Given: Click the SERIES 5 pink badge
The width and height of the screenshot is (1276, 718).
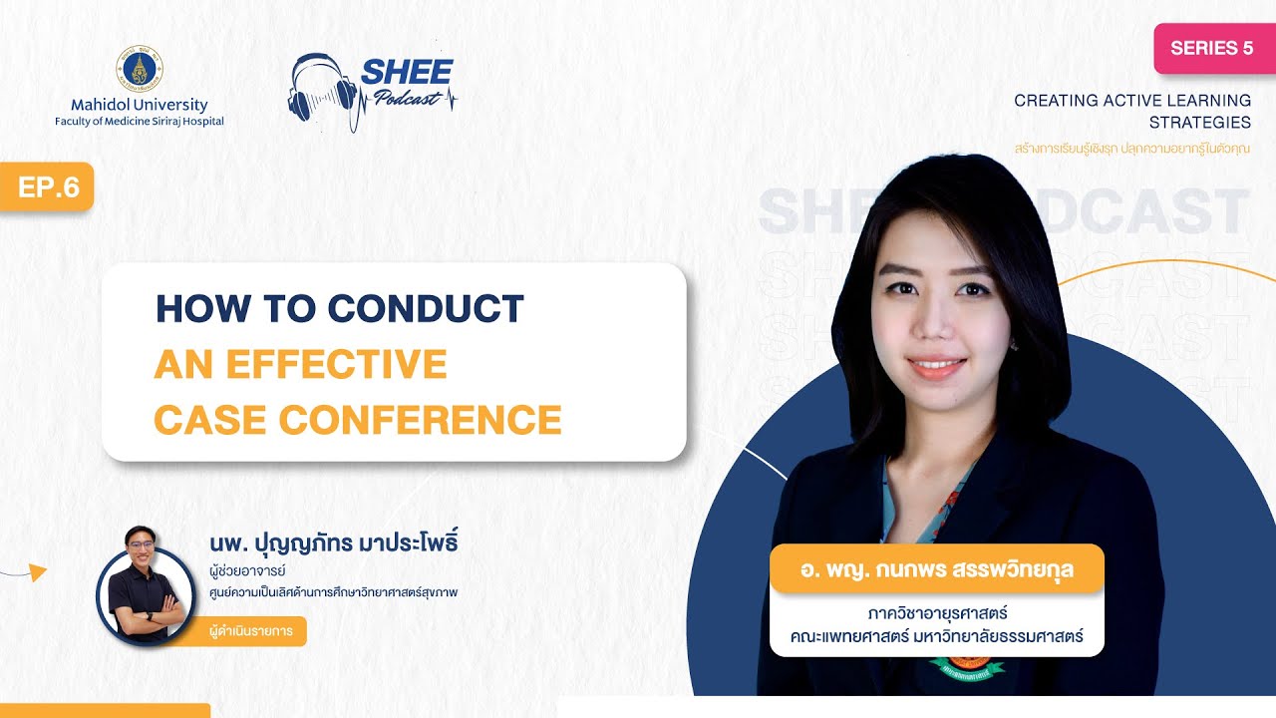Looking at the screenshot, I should coord(1212,48).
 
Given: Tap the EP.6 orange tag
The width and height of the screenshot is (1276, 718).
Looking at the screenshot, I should coord(47,186).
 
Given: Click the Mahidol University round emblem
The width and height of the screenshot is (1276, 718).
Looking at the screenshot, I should coord(140,67).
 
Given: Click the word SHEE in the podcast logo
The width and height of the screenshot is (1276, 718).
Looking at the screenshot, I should coord(407,72).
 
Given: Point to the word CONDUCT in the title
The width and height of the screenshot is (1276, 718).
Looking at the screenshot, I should coord(427,309).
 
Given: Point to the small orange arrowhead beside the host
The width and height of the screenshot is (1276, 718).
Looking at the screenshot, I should coord(37,571).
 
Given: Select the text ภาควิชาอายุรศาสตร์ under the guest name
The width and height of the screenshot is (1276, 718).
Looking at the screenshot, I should coord(936,612).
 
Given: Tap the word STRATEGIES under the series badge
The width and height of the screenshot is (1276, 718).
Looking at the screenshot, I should coord(1199,123).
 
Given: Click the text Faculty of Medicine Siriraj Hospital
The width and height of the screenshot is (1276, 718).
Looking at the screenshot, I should coord(140,122).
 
